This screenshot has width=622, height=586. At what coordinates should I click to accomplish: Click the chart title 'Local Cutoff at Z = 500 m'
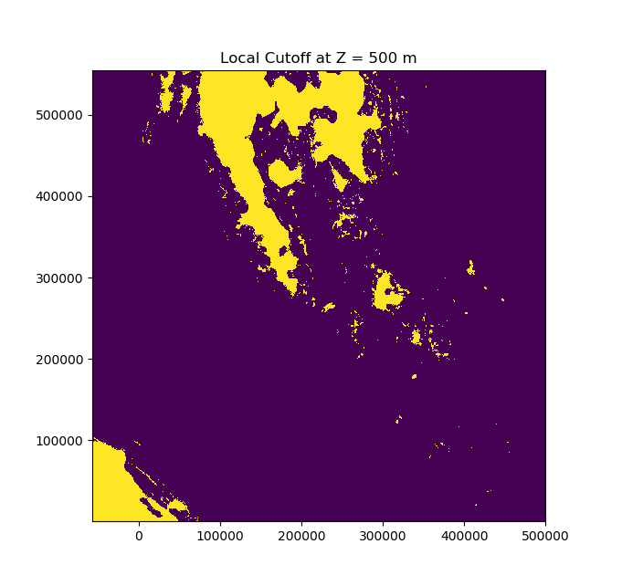318,58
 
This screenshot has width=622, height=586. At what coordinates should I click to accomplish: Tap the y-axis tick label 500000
62,115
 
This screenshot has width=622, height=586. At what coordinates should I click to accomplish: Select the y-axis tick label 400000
62,196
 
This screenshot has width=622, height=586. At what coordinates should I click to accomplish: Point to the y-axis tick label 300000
62,277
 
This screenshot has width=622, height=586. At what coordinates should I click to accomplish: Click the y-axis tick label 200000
62,359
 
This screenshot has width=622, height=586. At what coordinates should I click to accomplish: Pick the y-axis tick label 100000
62,440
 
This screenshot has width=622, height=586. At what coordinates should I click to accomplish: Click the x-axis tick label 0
139,536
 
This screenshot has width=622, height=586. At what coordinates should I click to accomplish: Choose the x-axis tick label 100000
220,536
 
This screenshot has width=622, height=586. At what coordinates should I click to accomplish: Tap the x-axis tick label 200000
301,536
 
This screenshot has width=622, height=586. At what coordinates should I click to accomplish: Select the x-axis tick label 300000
383,536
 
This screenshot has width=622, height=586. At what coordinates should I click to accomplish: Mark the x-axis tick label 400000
464,536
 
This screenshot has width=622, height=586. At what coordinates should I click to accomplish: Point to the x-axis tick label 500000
545,536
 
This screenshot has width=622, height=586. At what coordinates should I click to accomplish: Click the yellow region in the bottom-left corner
114,484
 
